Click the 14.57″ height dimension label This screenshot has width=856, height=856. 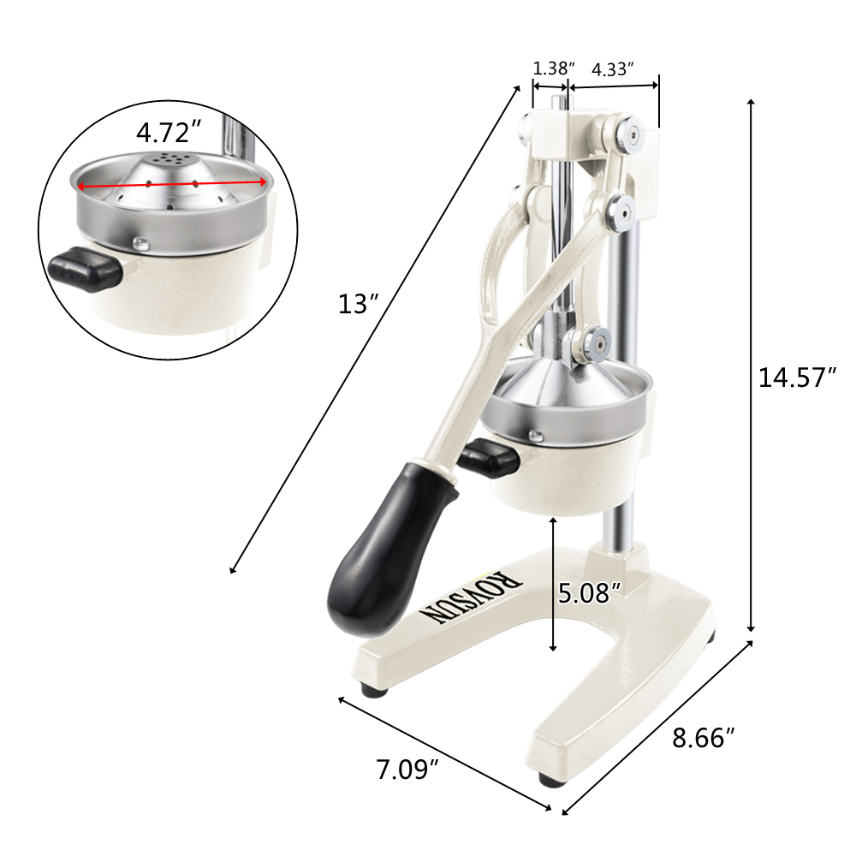(797, 377)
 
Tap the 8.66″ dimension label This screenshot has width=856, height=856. (704, 738)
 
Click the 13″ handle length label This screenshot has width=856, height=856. (358, 304)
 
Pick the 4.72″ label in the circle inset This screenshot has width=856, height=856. (169, 133)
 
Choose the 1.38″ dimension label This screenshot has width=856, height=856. (553, 68)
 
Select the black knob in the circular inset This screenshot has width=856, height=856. (84, 269)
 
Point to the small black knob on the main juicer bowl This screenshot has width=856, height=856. (488, 458)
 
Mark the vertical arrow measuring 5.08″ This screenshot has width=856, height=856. (554, 583)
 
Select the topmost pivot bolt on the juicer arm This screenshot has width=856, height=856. (628, 134)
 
